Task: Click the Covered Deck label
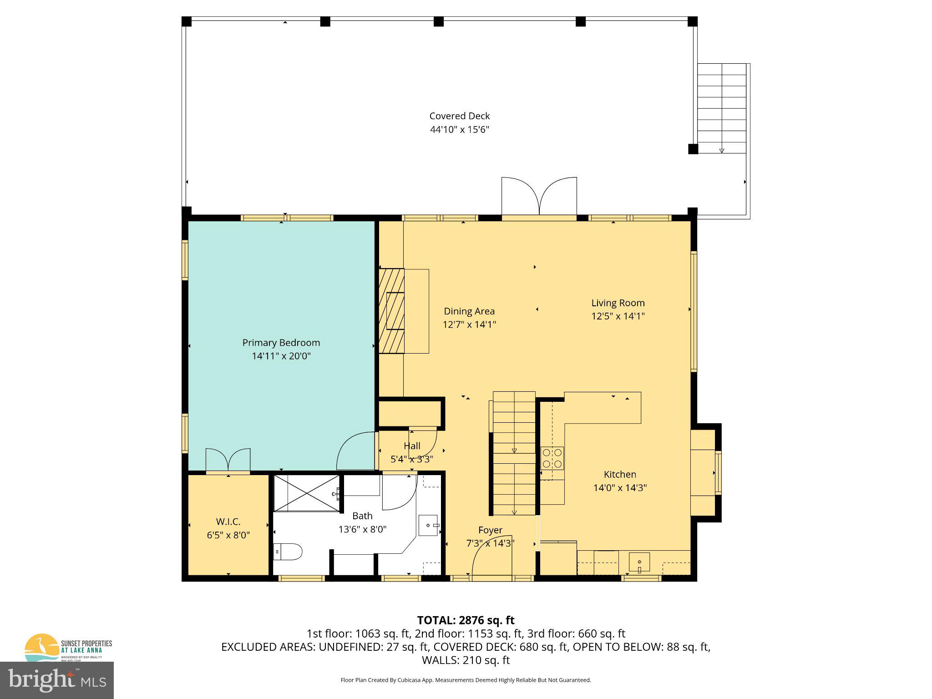click(459, 116)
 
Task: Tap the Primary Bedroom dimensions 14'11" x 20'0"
click(281, 356)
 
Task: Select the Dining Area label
click(469, 311)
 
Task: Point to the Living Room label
click(618, 303)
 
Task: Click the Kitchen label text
click(619, 475)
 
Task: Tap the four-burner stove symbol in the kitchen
click(552, 458)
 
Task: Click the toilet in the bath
click(288, 552)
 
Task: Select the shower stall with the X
click(307, 493)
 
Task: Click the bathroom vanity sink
click(428, 526)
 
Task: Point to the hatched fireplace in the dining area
click(392, 311)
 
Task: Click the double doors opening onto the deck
click(539, 197)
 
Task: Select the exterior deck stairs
click(722, 108)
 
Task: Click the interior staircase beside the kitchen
click(514, 453)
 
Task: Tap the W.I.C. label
click(228, 522)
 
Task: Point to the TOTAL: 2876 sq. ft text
click(466, 620)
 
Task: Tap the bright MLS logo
click(57, 680)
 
